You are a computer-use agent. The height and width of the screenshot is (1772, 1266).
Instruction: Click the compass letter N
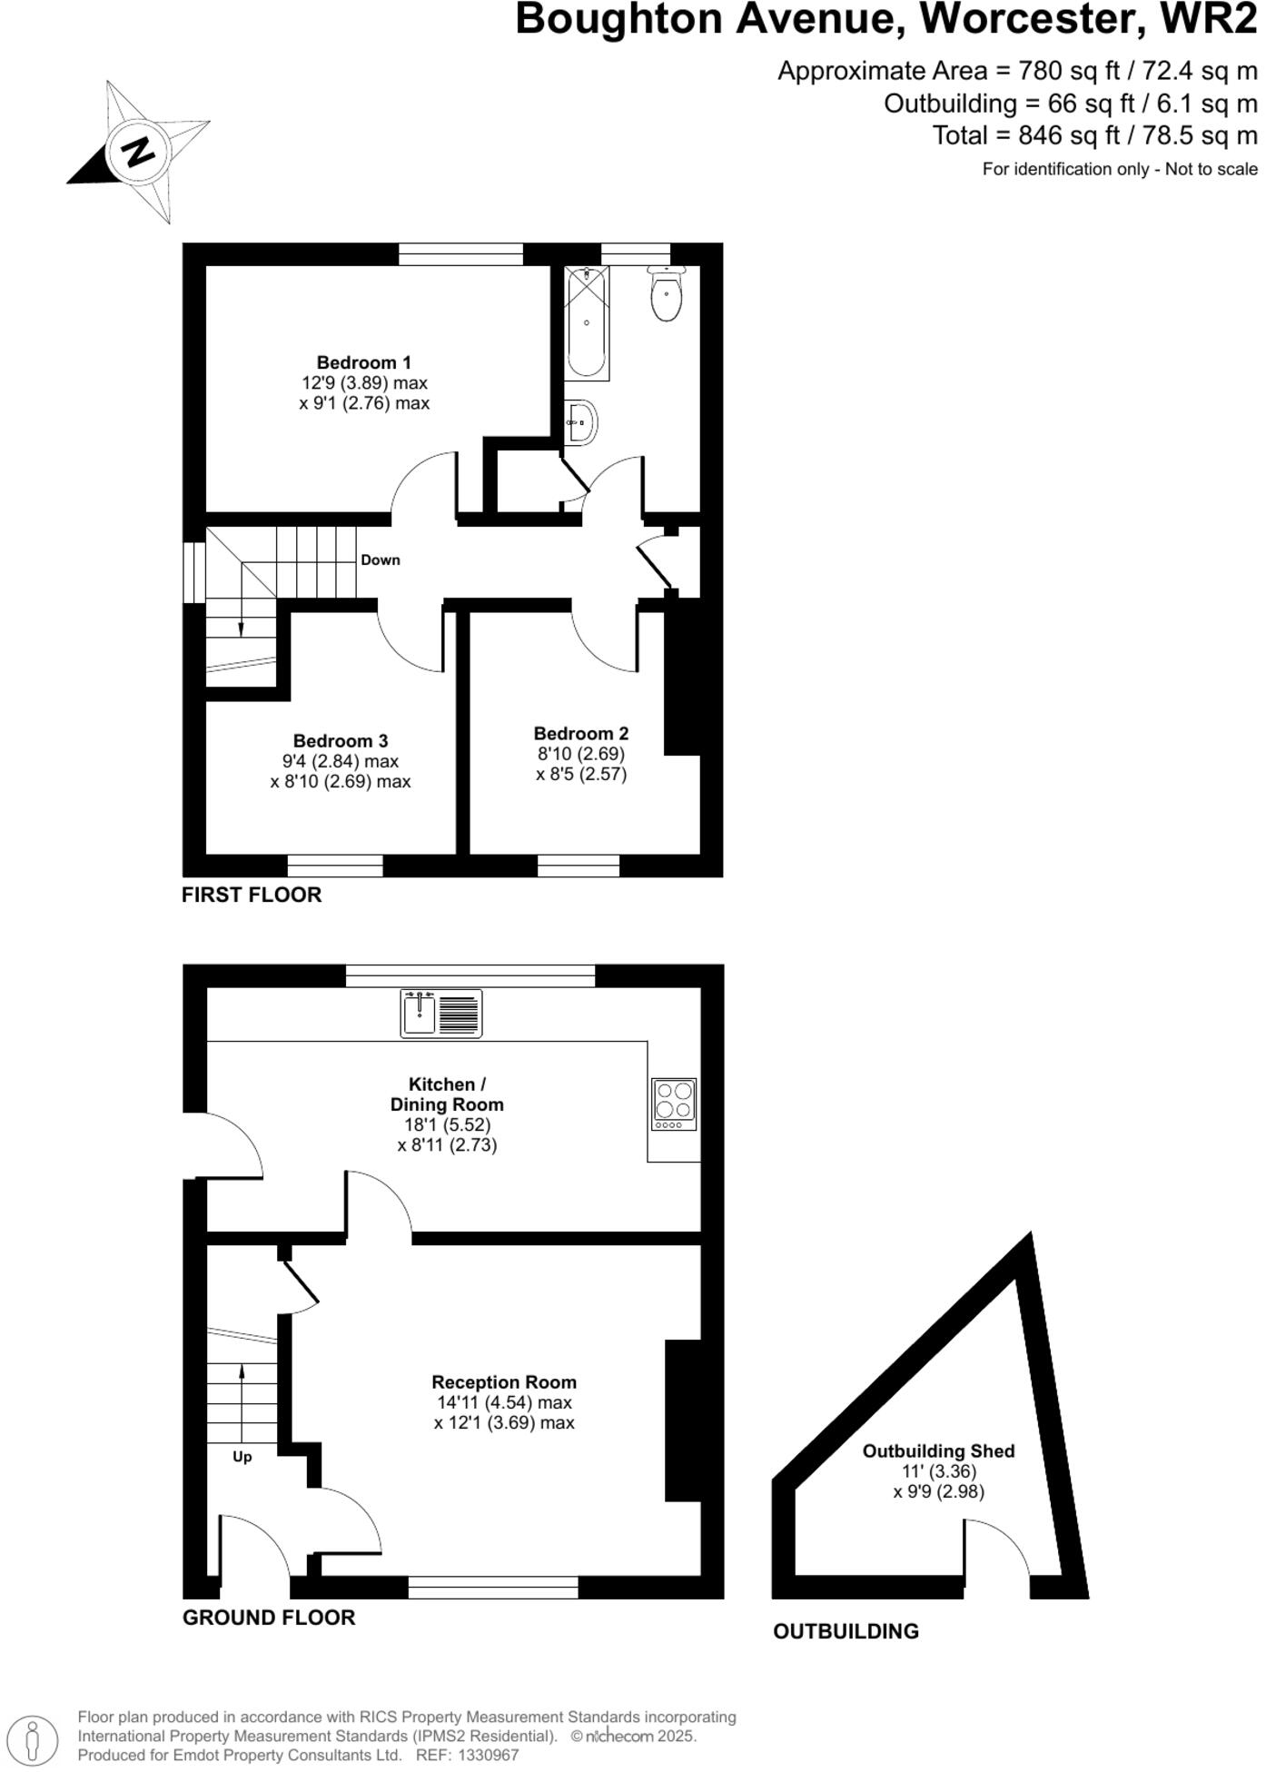tap(138, 151)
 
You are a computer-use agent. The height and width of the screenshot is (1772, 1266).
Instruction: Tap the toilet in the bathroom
tap(667, 294)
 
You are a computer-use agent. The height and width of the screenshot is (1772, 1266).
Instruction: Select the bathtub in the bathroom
tap(587, 322)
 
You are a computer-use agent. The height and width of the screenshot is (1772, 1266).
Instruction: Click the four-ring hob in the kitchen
tap(674, 1104)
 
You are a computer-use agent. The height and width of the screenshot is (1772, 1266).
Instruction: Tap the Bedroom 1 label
tap(363, 362)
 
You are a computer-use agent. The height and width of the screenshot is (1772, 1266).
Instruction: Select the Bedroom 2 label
tap(580, 733)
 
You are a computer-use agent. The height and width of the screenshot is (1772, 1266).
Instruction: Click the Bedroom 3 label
tap(341, 740)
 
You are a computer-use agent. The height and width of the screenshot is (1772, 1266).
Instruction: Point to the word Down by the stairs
tap(381, 559)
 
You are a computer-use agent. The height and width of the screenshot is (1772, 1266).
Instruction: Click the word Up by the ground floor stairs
tap(242, 1456)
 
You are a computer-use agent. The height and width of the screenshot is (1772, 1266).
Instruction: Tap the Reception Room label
tap(504, 1381)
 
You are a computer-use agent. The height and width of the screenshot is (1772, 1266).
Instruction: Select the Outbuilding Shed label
tap(938, 1450)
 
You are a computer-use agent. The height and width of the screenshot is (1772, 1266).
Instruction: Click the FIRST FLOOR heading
tap(252, 895)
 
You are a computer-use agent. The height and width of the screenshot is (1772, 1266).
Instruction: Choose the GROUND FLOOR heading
tap(269, 1617)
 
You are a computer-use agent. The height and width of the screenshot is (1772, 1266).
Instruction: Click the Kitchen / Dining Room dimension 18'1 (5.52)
tap(447, 1124)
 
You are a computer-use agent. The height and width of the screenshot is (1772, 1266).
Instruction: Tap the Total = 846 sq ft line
tap(1094, 135)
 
